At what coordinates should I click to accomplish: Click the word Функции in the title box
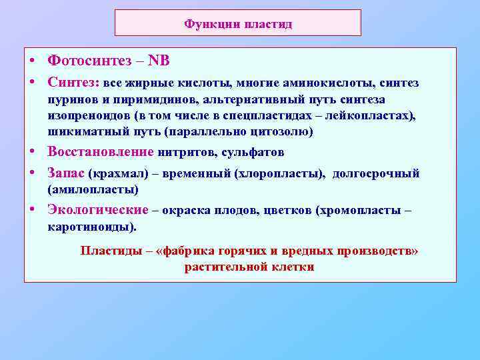click(x=207, y=24)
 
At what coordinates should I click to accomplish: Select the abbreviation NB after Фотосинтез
click(x=158, y=61)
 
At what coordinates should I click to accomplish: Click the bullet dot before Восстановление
click(x=31, y=152)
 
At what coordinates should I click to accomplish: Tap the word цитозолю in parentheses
click(x=283, y=132)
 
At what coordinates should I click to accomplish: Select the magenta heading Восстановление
click(x=100, y=152)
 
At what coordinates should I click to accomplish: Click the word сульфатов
click(x=257, y=153)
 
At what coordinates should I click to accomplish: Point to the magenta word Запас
click(x=65, y=173)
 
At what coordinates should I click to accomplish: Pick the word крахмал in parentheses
click(x=121, y=174)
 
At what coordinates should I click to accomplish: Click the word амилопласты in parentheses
click(x=93, y=190)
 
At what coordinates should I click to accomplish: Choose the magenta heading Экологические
click(x=97, y=210)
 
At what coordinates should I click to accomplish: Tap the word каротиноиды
click(x=91, y=227)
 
